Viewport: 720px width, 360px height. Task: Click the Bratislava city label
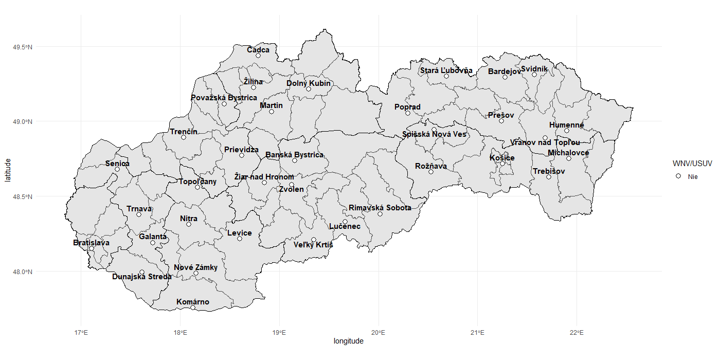(x=91, y=243)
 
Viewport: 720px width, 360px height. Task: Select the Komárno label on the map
(x=193, y=302)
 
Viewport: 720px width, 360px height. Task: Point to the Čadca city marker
(x=258, y=56)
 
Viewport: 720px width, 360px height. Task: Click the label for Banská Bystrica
(x=294, y=155)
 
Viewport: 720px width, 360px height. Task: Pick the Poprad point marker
(x=408, y=113)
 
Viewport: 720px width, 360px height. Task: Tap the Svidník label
(x=534, y=69)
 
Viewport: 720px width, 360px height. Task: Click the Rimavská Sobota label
(x=380, y=208)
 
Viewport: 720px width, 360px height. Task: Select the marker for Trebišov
(x=549, y=177)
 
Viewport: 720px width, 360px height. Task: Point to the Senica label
(x=117, y=164)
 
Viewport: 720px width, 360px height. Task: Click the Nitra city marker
(x=189, y=224)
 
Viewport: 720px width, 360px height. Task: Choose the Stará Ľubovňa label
(x=446, y=70)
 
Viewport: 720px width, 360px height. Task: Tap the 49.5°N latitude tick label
(x=23, y=47)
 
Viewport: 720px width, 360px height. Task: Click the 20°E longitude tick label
(x=379, y=332)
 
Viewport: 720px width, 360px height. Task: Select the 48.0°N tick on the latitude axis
(x=23, y=272)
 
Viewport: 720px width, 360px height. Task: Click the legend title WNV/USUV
(x=692, y=164)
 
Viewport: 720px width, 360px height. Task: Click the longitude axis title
(x=348, y=341)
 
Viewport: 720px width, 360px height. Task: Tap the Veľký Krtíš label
(x=313, y=245)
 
